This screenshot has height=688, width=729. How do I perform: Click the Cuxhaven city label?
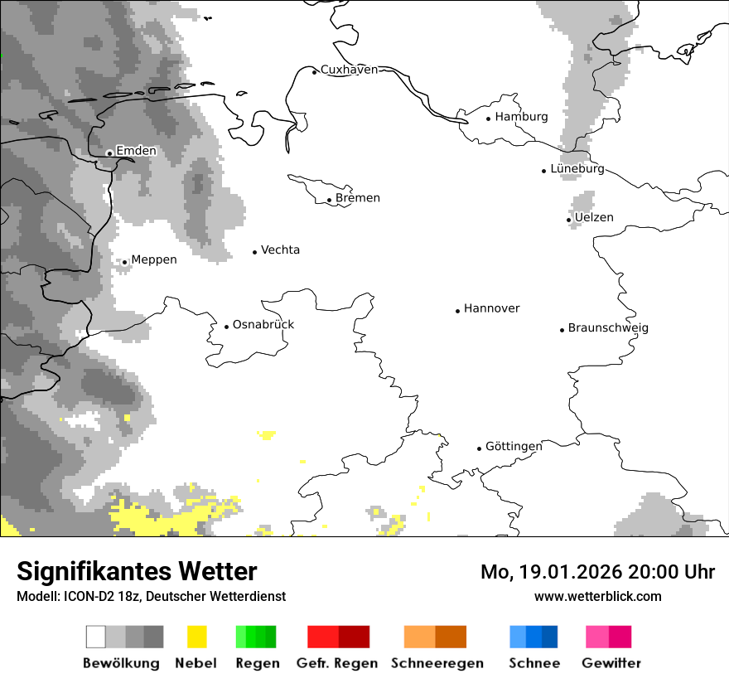coord(349,70)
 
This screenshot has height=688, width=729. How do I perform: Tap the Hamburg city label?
coord(521,117)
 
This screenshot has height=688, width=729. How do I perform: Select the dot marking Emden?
coord(109,153)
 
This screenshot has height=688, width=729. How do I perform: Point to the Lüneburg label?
coord(577,169)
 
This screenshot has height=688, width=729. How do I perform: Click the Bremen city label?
coord(358,198)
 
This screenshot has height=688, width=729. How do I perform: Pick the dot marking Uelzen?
coord(569,220)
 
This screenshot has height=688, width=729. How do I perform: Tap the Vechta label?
coord(280,250)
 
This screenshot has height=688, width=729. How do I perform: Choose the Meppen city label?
coord(154,260)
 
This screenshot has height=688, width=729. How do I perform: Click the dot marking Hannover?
coord(457,311)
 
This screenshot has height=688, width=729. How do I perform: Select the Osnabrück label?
coord(263,325)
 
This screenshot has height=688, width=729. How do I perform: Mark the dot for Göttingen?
coord(479,448)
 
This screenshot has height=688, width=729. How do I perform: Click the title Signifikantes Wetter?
coord(137,571)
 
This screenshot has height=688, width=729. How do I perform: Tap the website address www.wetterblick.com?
coord(598,597)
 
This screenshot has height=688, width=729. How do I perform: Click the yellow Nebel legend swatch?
coord(196,637)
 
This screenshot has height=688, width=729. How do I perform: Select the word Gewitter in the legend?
coord(611,663)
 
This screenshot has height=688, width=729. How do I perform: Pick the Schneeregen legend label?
coord(437,663)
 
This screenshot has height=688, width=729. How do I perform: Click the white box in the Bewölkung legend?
coord(95,637)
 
